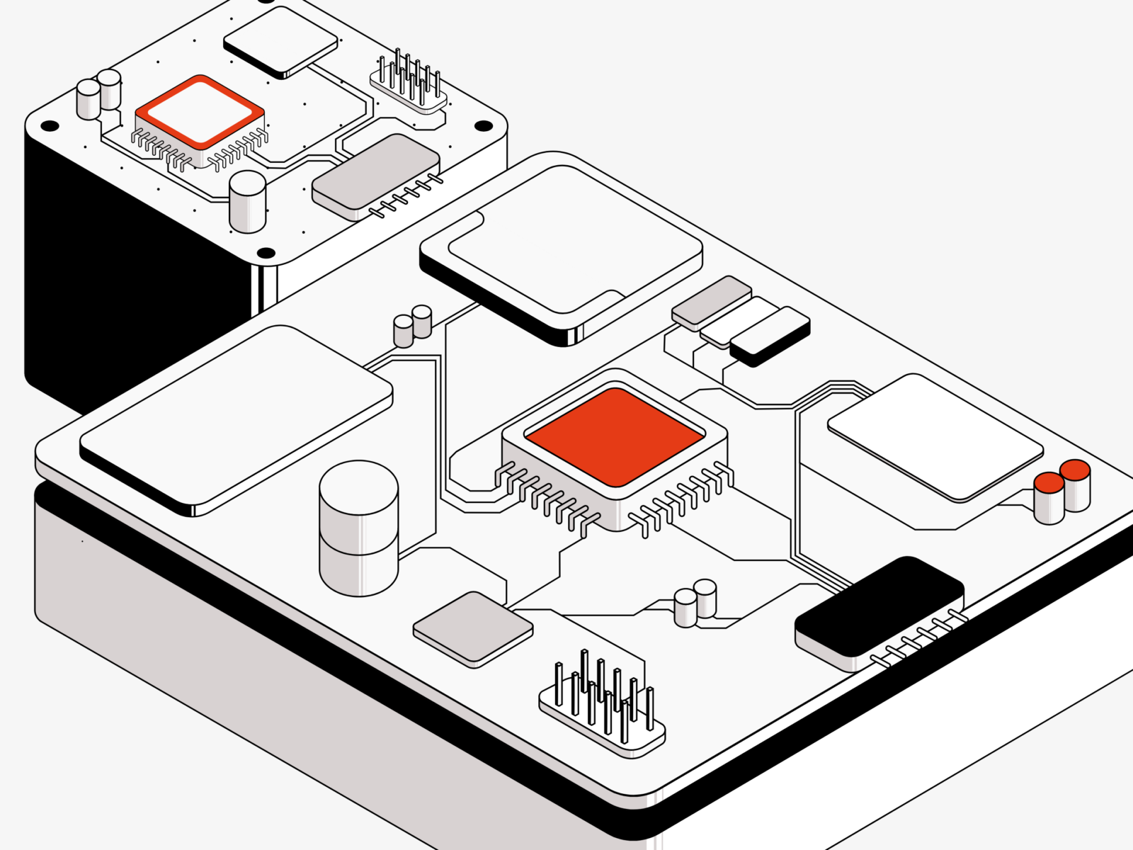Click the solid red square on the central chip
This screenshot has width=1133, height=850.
pos(615,436)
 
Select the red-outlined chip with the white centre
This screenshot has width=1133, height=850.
pos(200,113)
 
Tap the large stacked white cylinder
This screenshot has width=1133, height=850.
pos(358,528)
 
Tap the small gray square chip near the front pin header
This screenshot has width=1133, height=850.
pos(472,628)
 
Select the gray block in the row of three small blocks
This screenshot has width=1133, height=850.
pos(712,301)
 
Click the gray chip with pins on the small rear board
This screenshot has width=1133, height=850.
pos(375,174)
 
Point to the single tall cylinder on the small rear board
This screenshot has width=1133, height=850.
pos(248,201)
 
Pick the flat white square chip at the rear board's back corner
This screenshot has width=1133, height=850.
pos(281,40)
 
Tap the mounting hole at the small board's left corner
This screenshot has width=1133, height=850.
pos(50,127)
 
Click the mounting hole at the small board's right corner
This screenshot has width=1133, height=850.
pos(483,126)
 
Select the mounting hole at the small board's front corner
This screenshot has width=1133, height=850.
pos(266,253)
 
